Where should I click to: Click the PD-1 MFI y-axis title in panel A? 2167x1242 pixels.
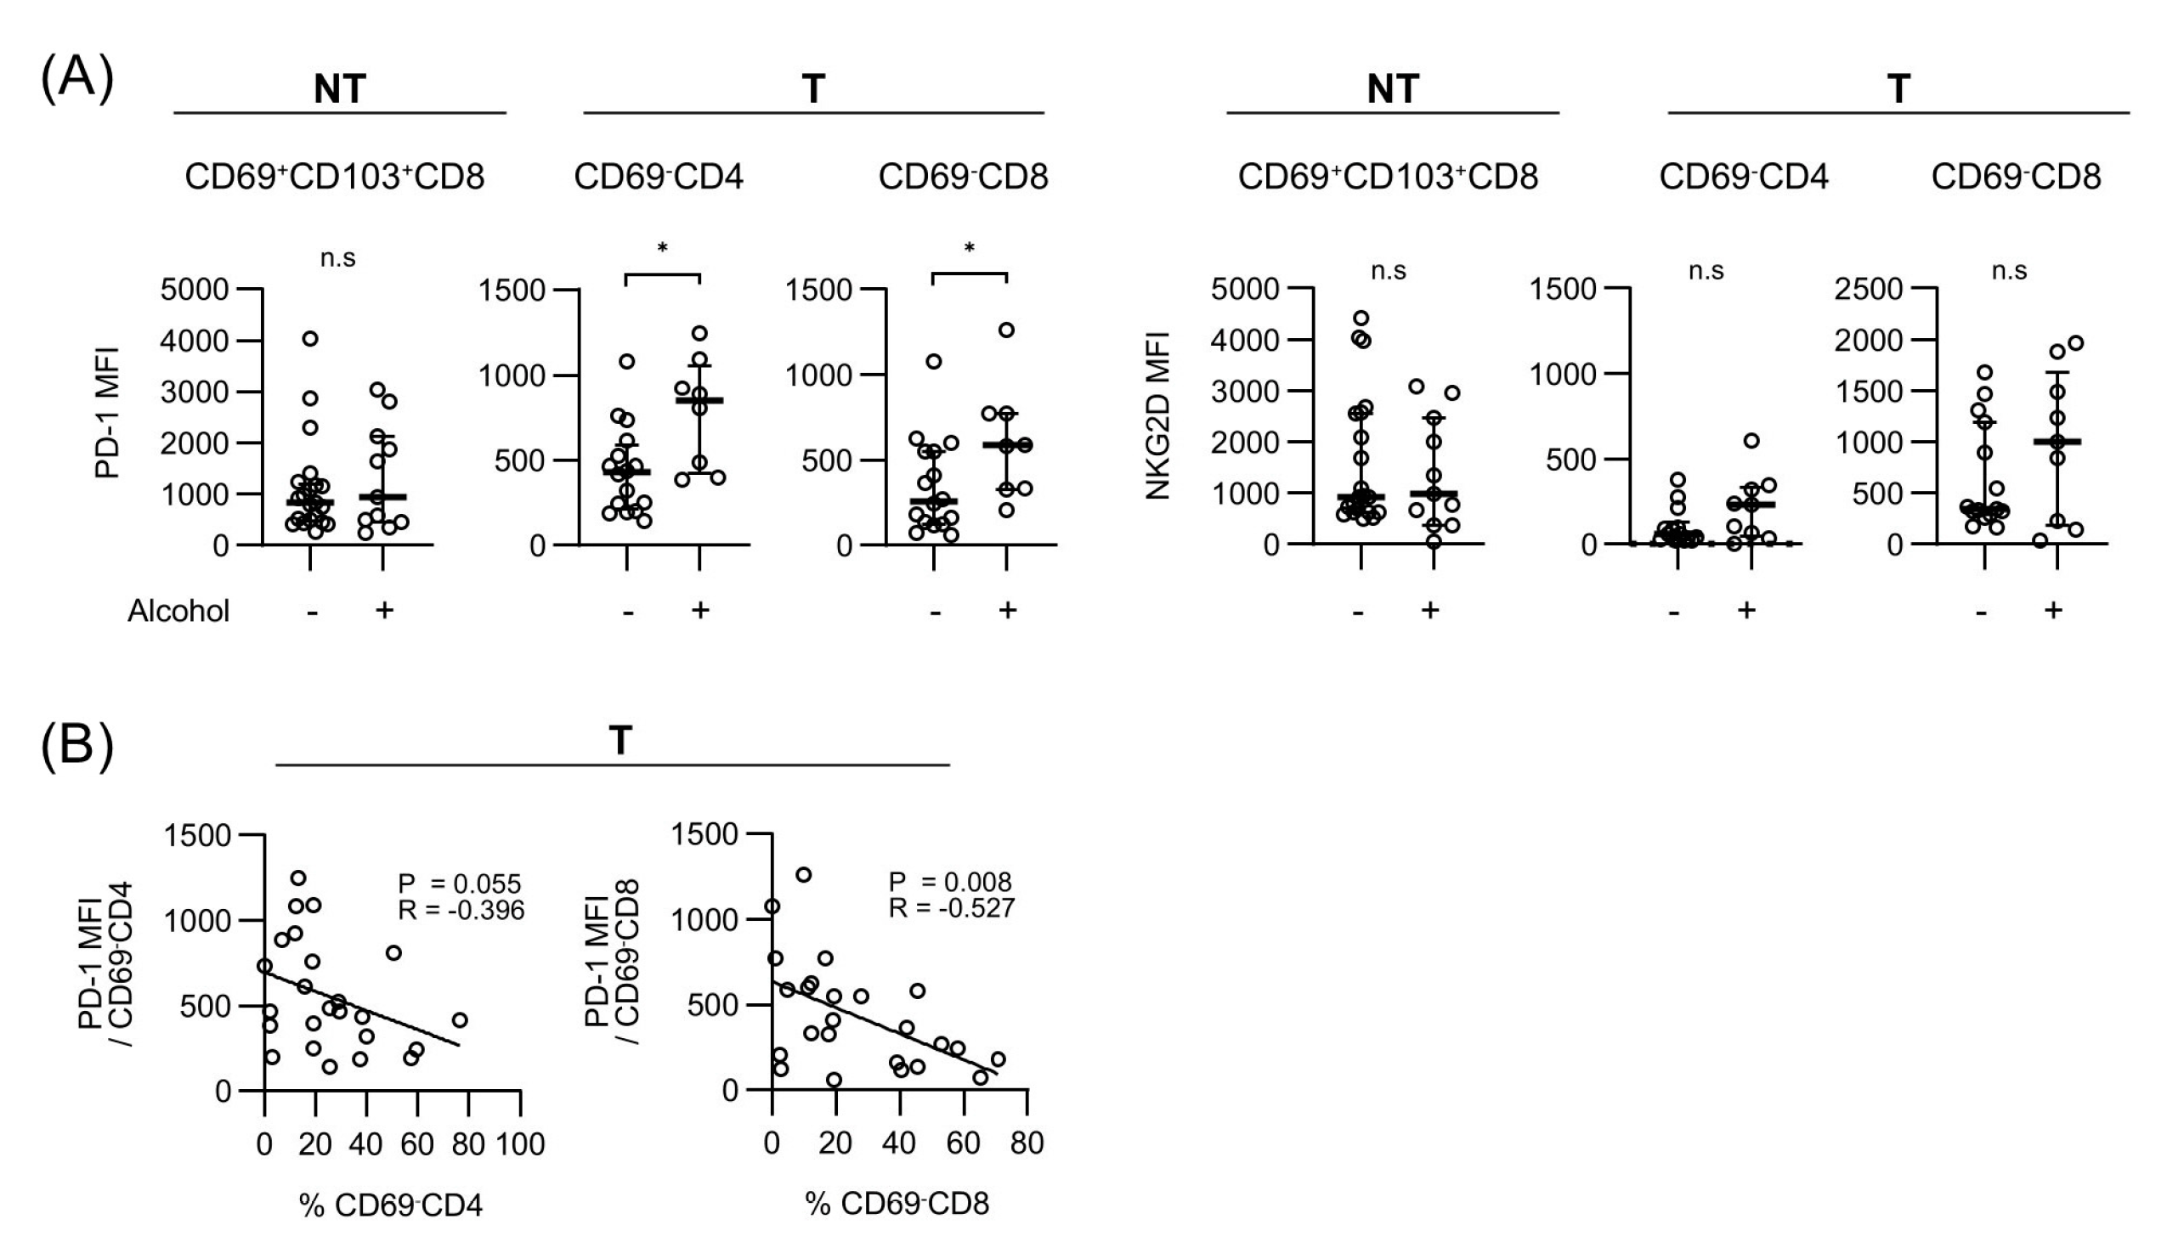(x=106, y=414)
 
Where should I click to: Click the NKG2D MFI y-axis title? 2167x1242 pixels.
(x=1157, y=415)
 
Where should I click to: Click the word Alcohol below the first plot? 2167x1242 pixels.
(x=178, y=612)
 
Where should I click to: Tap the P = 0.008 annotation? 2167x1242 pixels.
(x=949, y=882)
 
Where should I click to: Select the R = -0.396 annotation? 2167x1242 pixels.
(x=461, y=910)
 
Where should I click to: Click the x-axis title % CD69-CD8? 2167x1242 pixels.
(x=897, y=1204)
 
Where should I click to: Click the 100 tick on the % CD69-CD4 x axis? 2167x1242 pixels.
(x=519, y=1144)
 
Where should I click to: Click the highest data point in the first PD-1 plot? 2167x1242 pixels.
(x=310, y=339)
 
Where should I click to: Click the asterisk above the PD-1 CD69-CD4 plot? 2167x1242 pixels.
(x=662, y=249)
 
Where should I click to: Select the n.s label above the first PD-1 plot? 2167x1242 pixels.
(x=338, y=258)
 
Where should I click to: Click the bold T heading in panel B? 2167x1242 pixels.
(x=620, y=741)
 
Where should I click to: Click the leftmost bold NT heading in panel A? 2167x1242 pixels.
(x=340, y=88)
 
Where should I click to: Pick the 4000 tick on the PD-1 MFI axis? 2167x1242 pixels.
(x=195, y=342)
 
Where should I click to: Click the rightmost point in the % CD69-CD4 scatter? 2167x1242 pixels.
(x=460, y=1019)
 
